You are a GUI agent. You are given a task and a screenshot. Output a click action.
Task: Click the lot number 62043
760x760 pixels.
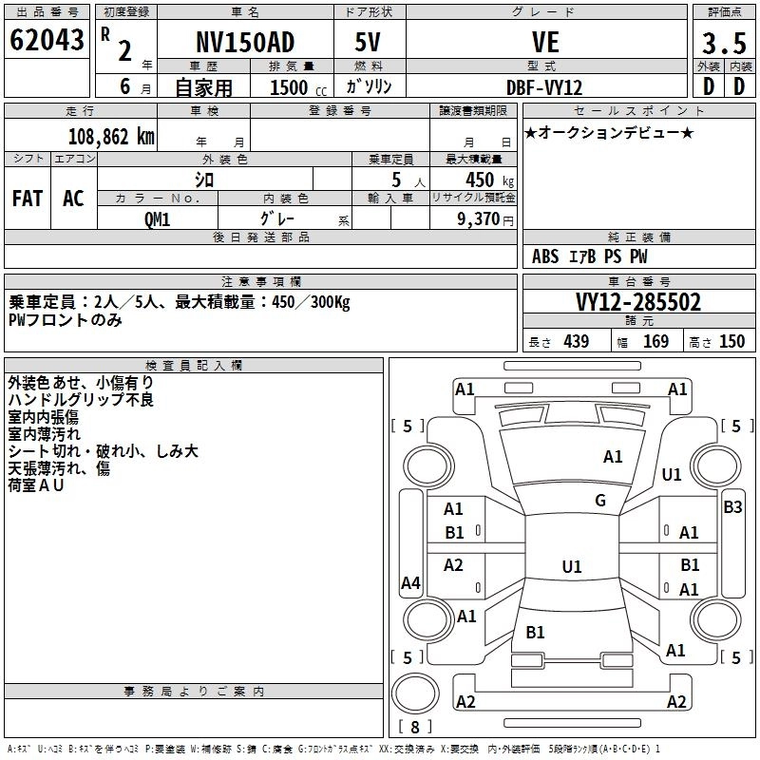pos(47,41)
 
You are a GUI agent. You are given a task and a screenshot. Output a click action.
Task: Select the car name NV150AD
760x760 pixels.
pos(245,42)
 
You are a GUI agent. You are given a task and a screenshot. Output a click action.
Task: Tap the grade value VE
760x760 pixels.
pos(545,42)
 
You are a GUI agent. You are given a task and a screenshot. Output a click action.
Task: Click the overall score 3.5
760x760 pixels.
pos(723,44)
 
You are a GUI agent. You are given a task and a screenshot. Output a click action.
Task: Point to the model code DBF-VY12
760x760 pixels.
pos(545,85)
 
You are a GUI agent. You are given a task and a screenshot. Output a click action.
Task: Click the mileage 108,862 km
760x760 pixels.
pos(111,136)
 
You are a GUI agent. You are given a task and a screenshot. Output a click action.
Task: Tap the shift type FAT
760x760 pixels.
pos(28,198)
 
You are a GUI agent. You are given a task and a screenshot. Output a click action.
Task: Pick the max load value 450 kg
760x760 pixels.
pos(486,180)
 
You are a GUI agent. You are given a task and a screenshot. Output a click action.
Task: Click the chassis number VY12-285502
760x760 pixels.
pos(638,302)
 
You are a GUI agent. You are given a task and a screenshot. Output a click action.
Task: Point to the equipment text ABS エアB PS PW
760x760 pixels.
pos(590,256)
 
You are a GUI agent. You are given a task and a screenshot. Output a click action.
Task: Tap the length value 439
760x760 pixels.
pos(576,341)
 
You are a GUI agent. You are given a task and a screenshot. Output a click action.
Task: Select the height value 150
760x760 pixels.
pos(731,341)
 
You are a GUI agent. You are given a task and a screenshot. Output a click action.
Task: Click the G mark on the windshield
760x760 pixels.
pos(600,500)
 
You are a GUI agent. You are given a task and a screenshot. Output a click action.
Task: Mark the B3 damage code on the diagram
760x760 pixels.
pos(732,506)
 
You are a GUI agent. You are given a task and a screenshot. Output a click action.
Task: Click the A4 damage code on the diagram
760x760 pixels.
pos(410,583)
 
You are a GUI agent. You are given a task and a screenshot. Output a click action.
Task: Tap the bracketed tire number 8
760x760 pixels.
pos(414,727)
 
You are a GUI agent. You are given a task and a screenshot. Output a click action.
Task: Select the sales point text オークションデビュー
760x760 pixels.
pos(609,132)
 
